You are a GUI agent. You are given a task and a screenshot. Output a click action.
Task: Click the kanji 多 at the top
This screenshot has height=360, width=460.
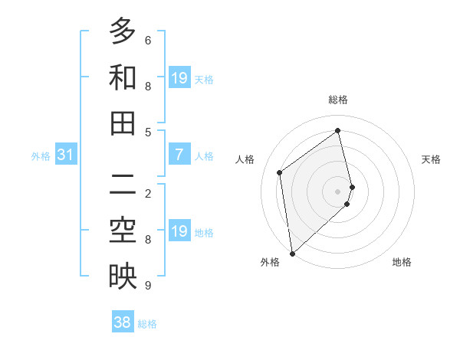point(123,31)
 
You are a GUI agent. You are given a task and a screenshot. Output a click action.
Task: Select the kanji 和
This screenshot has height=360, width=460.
point(123,77)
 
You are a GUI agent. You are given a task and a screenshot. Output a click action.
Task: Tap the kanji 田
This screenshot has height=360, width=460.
point(123,123)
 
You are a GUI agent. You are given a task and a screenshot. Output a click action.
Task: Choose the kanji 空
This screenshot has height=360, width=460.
point(123,231)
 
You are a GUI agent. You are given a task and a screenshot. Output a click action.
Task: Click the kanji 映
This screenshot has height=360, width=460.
point(123,277)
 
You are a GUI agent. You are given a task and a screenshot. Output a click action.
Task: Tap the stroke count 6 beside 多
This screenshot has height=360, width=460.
point(148,40)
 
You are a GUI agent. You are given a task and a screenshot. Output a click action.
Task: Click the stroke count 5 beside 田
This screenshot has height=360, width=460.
point(148,132)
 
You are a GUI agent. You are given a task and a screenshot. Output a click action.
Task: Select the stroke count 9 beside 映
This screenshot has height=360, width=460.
point(148,286)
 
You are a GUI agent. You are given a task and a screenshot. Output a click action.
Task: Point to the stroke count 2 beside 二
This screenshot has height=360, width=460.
point(148,193)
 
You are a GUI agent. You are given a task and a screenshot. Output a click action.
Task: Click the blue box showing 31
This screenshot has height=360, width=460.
point(66,155)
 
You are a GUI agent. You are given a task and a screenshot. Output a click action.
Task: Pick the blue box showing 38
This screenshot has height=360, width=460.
point(123,322)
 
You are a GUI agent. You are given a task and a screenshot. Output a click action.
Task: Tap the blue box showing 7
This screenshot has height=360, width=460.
point(179,155)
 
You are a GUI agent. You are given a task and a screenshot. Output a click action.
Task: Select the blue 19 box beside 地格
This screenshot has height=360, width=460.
point(179,232)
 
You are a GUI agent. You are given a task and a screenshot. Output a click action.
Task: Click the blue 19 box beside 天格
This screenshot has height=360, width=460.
point(179,78)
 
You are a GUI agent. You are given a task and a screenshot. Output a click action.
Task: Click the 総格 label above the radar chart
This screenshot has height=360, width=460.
point(338,100)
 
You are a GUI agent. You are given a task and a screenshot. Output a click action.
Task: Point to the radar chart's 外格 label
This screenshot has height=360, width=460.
point(270,263)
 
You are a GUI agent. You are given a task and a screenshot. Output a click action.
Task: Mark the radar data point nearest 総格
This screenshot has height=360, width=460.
point(338,130)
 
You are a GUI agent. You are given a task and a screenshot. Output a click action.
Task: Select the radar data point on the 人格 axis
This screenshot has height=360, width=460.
point(280,172)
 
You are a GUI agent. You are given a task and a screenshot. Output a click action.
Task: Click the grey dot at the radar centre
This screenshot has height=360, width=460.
point(338,191)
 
